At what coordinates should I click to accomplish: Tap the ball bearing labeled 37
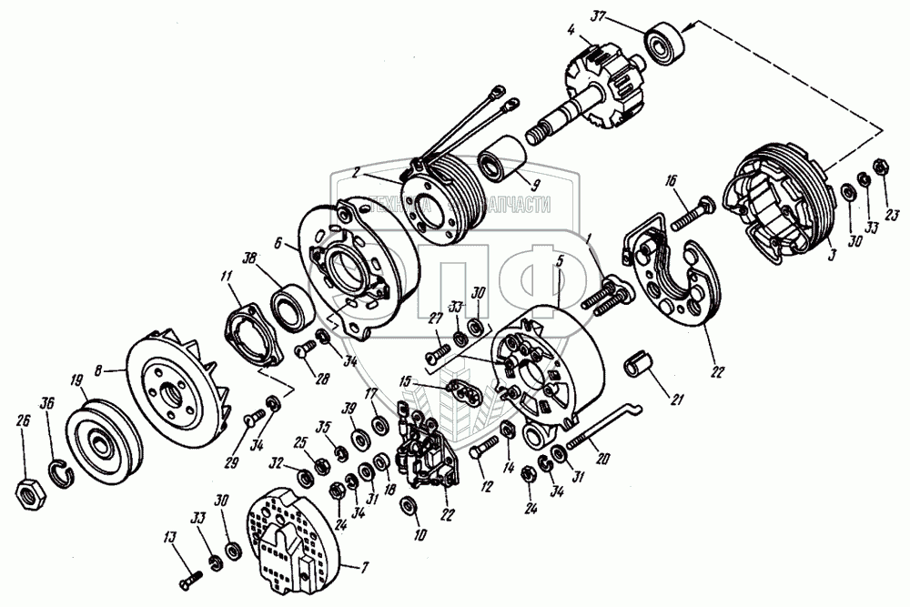tap(664, 41)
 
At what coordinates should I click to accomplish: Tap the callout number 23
tap(893, 215)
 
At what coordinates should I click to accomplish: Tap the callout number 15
tap(405, 379)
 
